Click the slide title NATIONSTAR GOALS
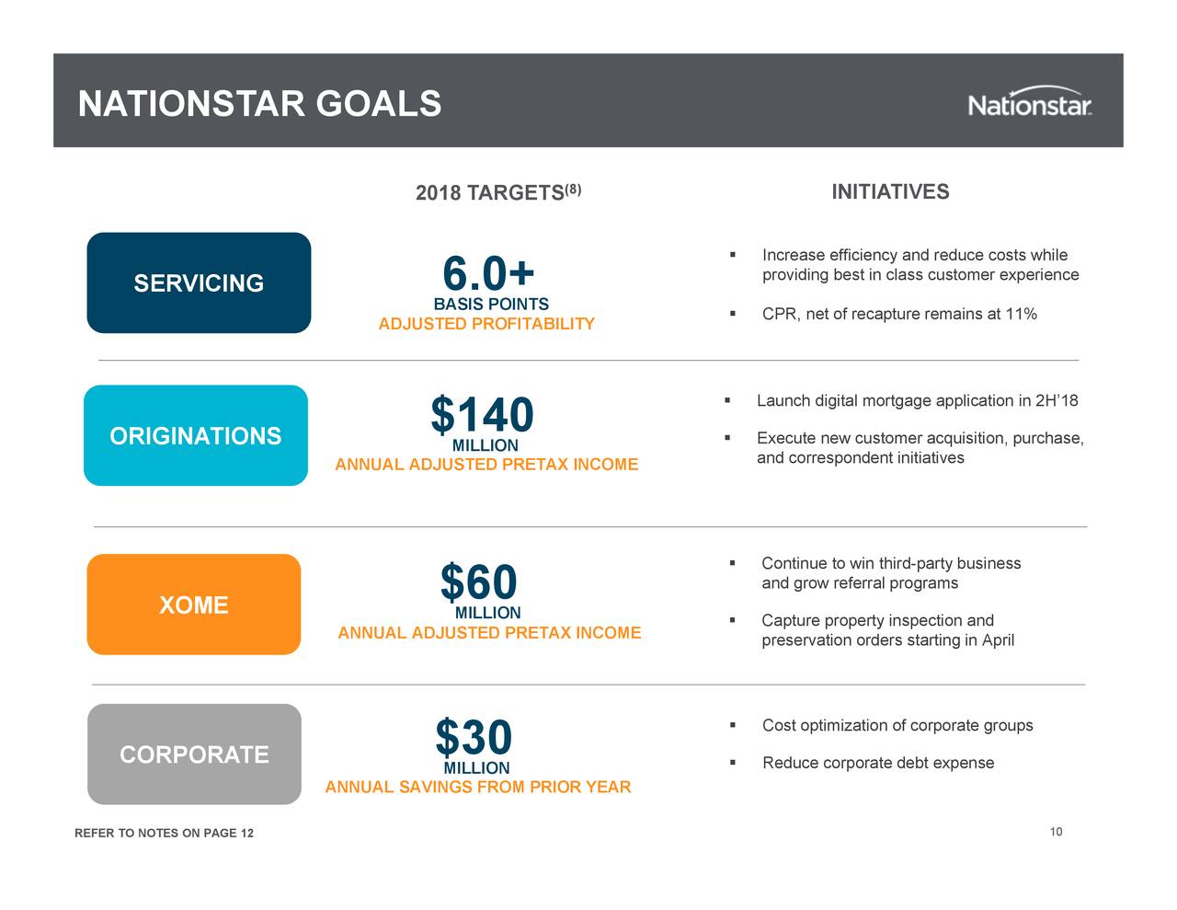click(x=259, y=104)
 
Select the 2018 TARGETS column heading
click(x=497, y=192)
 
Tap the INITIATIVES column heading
click(x=890, y=191)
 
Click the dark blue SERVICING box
click(x=199, y=283)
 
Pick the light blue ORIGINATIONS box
click(x=196, y=435)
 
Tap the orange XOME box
click(x=194, y=605)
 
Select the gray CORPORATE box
click(x=194, y=754)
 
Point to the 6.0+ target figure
click(x=487, y=273)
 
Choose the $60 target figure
click(x=478, y=582)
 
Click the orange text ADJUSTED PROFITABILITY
click(x=486, y=324)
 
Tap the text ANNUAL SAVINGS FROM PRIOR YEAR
click(x=478, y=787)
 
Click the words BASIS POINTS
click(x=491, y=304)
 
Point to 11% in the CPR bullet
click(x=1021, y=315)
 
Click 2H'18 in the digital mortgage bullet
click(x=1056, y=401)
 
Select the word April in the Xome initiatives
click(x=998, y=640)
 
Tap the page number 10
click(x=1056, y=832)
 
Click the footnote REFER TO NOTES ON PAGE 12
click(x=164, y=834)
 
